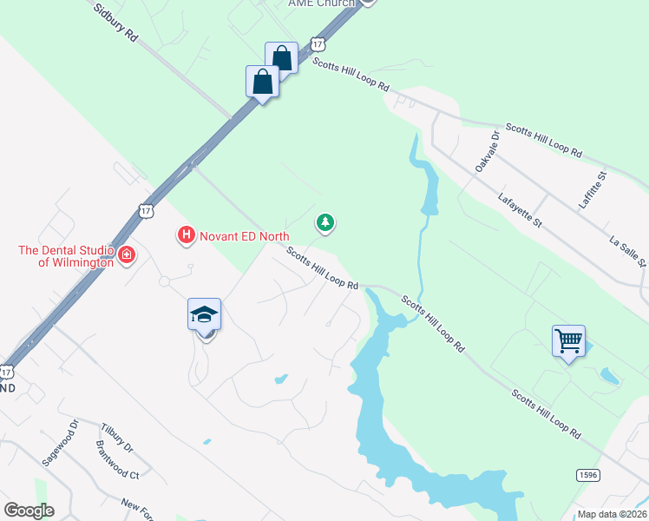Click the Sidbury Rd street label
(115, 22)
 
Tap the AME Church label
(322, 3)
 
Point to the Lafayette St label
(520, 211)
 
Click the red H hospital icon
(185, 234)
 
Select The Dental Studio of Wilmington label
(66, 256)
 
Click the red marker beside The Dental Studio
(127, 254)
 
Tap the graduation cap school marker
(205, 314)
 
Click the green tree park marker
(325, 224)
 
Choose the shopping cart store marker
(568, 340)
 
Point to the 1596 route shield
(587, 474)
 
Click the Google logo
(29, 510)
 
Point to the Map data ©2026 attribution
(611, 514)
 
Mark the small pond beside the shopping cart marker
(610, 377)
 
